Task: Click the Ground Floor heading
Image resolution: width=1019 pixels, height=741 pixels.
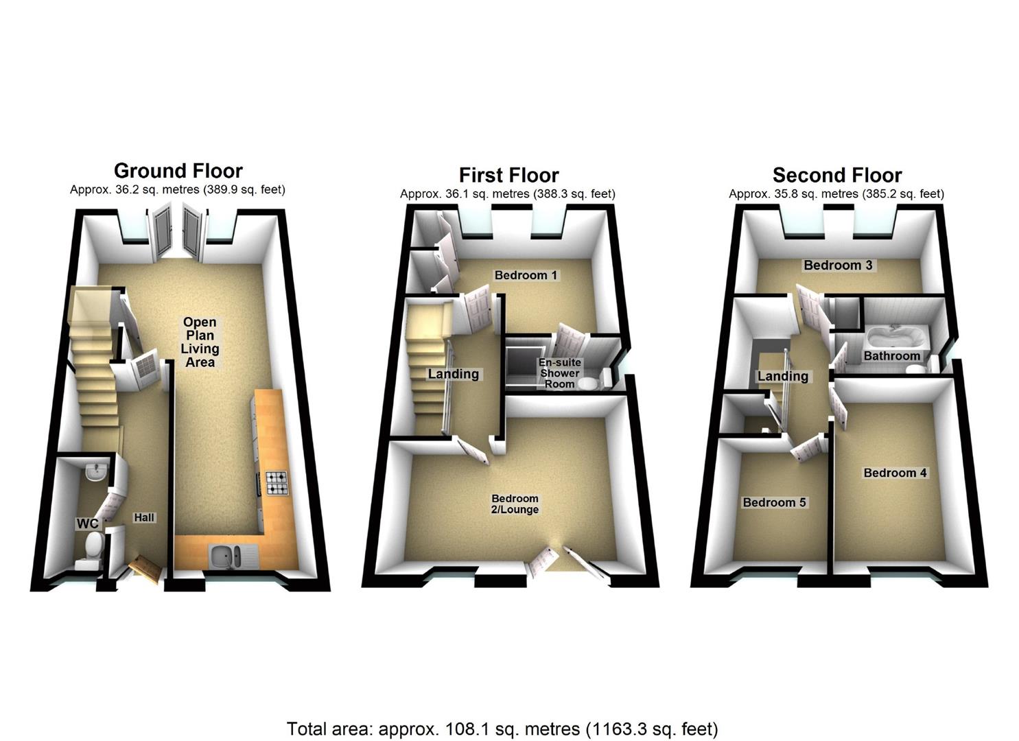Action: click(x=178, y=171)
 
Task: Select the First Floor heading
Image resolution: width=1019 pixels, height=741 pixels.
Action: click(x=508, y=175)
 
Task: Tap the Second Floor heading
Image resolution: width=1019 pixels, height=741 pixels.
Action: click(x=836, y=175)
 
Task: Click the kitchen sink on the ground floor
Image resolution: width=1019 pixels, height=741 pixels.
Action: click(x=226, y=556)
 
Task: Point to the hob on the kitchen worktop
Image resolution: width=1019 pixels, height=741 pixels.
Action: click(x=277, y=483)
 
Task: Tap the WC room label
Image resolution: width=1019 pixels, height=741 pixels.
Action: click(x=87, y=524)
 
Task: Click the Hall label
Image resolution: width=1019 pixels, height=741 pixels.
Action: click(x=144, y=517)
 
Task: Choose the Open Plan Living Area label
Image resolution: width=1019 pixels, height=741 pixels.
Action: click(x=200, y=342)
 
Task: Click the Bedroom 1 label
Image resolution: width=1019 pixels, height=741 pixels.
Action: click(x=526, y=275)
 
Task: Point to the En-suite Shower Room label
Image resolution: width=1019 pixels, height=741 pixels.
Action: click(x=559, y=373)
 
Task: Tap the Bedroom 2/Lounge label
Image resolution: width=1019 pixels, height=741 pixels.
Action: click(x=515, y=504)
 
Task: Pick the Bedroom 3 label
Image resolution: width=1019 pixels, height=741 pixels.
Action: click(x=838, y=265)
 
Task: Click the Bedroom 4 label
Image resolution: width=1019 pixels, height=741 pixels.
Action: click(x=895, y=473)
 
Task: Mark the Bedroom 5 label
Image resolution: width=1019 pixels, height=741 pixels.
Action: click(x=774, y=502)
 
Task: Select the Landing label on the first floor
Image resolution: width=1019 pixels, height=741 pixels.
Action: click(x=453, y=374)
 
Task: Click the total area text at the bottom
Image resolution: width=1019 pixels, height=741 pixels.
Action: click(x=502, y=728)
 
